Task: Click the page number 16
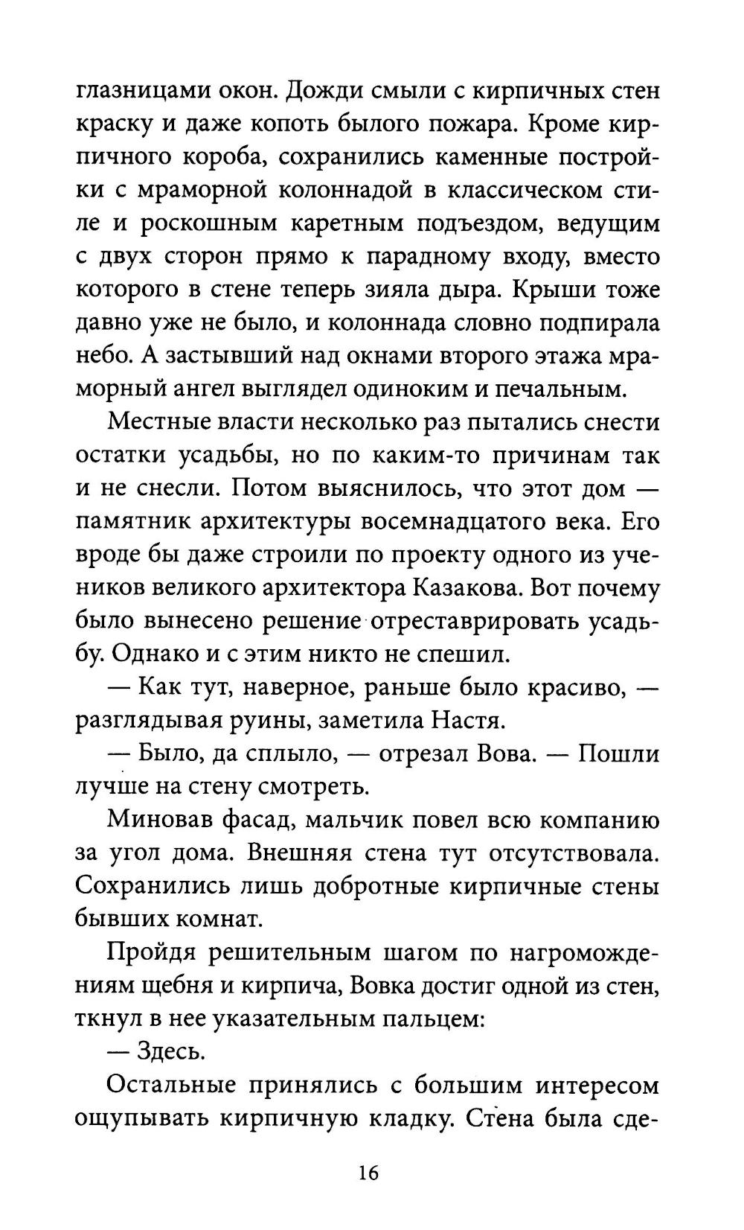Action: tap(368, 1173)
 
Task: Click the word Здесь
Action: tap(170, 1054)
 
